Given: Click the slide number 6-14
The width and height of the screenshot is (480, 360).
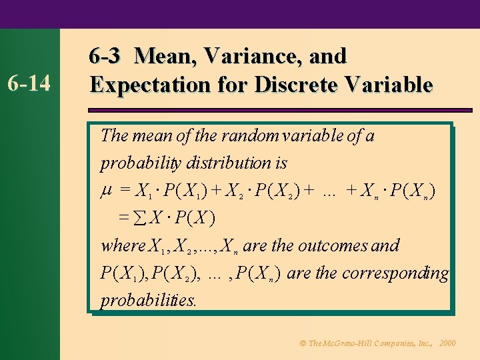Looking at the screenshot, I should [x=31, y=83].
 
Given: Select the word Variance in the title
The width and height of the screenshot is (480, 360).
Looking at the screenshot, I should [x=255, y=56].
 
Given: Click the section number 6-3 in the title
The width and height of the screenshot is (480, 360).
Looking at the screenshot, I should [x=105, y=56].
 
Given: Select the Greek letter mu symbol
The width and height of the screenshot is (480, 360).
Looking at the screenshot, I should [x=105, y=192].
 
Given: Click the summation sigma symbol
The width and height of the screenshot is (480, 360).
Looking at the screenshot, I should [x=141, y=219].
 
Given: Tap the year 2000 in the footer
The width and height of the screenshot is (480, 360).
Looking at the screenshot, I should [x=448, y=343].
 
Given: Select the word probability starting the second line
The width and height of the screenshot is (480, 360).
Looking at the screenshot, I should [x=136, y=163].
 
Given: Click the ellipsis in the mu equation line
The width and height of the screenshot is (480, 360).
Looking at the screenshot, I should [x=328, y=192].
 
